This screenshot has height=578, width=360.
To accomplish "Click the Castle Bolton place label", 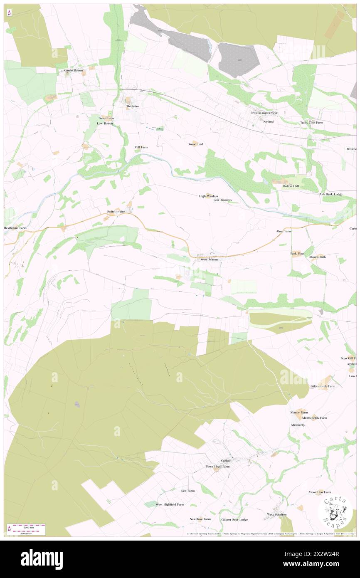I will pos(74,71).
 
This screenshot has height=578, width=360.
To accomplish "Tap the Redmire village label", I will pos(132,106).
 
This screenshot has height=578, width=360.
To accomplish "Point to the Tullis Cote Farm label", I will pos(312,123).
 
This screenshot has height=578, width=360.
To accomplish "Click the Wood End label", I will pos(195,144).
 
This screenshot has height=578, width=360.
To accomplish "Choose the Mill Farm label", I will pos(141,147).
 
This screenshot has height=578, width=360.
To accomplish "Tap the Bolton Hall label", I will pos(291,186).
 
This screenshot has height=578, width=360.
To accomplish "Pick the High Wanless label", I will pos(208,196).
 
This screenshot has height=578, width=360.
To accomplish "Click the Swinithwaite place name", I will pos(116,212).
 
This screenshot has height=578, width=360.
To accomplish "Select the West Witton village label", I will pos(209,259).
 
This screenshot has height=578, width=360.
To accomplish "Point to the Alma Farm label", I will pos(284,231).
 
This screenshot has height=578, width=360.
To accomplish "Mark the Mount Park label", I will pos(318,257).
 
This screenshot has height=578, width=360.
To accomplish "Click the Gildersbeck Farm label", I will pos(323,386).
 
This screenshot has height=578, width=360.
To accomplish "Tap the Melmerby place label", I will pos(298,425).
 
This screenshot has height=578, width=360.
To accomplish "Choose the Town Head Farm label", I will pos(217,467).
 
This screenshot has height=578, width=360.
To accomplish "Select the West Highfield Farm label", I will pos(170,504).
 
